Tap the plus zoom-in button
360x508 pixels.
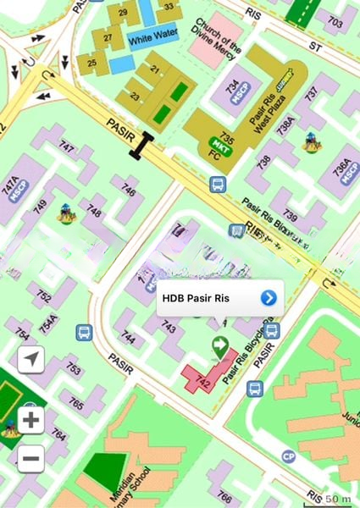tap(31, 420)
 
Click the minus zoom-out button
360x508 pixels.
tap(31, 458)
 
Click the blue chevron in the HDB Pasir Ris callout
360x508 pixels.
tap(269, 297)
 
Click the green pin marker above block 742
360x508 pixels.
tap(220, 345)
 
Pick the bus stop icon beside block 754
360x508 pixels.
tap(84, 332)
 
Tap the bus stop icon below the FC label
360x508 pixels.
tap(218, 183)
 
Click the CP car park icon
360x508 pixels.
tap(289, 456)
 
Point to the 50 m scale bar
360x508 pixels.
tap(336, 498)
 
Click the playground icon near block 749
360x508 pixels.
tap(65, 213)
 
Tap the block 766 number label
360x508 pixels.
tap(224, 496)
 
